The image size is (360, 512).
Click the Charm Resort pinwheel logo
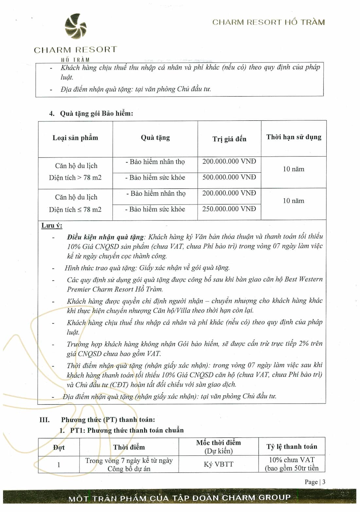[x=76, y=26]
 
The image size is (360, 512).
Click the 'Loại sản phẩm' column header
[x=75, y=138]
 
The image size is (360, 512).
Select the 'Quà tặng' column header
[x=155, y=137]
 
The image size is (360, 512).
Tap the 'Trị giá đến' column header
[x=229, y=139]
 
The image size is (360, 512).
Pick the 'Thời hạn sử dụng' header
[x=294, y=137]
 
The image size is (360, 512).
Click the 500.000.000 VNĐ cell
[x=229, y=177]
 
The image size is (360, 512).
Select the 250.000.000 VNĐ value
[x=229, y=209]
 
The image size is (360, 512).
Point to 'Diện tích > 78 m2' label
[x=75, y=178]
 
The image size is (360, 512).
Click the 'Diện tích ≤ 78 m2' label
[x=75, y=209]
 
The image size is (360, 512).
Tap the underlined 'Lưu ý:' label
[x=52, y=225]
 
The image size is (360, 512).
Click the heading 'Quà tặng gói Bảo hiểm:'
[x=97, y=114]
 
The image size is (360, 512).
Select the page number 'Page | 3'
[x=315, y=482]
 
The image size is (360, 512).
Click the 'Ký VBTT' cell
[x=218, y=464]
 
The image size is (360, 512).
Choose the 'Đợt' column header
[x=59, y=447]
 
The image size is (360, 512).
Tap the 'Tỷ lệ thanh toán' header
[x=292, y=447]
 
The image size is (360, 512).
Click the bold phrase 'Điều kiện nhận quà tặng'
[x=106, y=237]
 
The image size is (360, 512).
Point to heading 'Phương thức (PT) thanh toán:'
[x=108, y=420]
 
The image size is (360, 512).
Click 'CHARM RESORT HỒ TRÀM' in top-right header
[x=268, y=22]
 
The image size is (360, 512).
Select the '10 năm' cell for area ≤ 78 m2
[x=294, y=201]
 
